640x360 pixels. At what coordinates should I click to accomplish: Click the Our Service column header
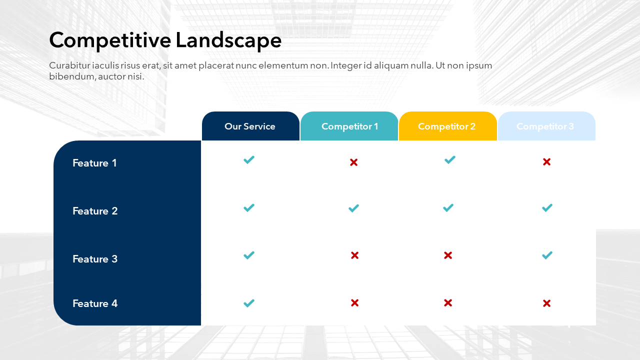(x=250, y=126)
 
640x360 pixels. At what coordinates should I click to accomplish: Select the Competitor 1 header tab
(x=349, y=126)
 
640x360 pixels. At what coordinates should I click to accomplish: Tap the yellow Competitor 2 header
(x=447, y=126)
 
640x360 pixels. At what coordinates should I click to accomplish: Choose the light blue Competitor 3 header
(x=546, y=126)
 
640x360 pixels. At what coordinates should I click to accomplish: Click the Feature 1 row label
(x=94, y=163)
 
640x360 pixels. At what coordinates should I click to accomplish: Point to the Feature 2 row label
(x=95, y=211)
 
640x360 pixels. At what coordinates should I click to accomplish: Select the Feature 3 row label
(x=95, y=259)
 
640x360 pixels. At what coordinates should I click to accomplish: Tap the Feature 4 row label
(x=95, y=303)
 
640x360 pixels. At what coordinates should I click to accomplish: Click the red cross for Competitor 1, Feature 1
(x=353, y=162)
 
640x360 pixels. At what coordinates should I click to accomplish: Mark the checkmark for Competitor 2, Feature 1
(x=450, y=159)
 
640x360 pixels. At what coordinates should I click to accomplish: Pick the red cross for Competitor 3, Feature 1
(x=547, y=162)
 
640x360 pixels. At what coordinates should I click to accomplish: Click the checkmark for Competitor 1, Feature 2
(x=353, y=208)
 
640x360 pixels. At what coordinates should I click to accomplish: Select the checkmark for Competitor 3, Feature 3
(x=547, y=255)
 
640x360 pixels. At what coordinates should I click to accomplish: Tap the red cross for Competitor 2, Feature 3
(x=448, y=255)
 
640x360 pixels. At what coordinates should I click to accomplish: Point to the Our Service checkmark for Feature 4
(x=249, y=303)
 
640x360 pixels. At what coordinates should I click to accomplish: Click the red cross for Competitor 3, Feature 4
(x=547, y=303)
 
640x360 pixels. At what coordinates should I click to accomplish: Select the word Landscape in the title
(x=228, y=41)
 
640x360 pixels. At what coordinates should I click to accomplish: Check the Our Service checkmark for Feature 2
(x=249, y=207)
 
